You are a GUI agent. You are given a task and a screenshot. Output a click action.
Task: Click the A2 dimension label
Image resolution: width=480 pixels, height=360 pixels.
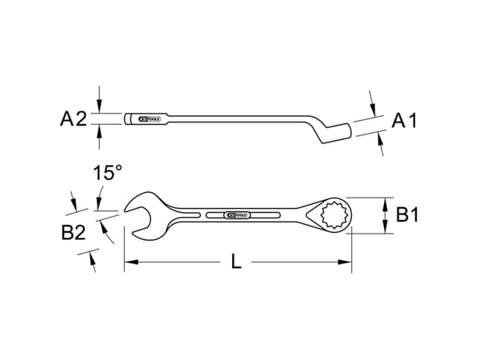coord(73,120)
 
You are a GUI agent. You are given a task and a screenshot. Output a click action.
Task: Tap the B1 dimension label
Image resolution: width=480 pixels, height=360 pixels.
coord(410,215)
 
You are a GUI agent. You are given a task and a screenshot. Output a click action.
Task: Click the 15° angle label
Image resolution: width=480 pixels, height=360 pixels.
coord(106,172)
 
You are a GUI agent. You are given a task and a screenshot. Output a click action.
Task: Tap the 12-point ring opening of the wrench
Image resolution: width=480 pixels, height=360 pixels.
coord(333,216)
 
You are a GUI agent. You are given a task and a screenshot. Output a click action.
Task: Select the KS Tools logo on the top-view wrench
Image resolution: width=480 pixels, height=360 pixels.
coord(238,216)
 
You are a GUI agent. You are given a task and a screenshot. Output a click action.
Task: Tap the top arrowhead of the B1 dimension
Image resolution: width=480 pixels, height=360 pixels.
coord(389,201)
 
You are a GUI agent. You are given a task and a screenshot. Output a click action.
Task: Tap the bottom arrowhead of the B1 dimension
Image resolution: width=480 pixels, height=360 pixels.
coord(389,230)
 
